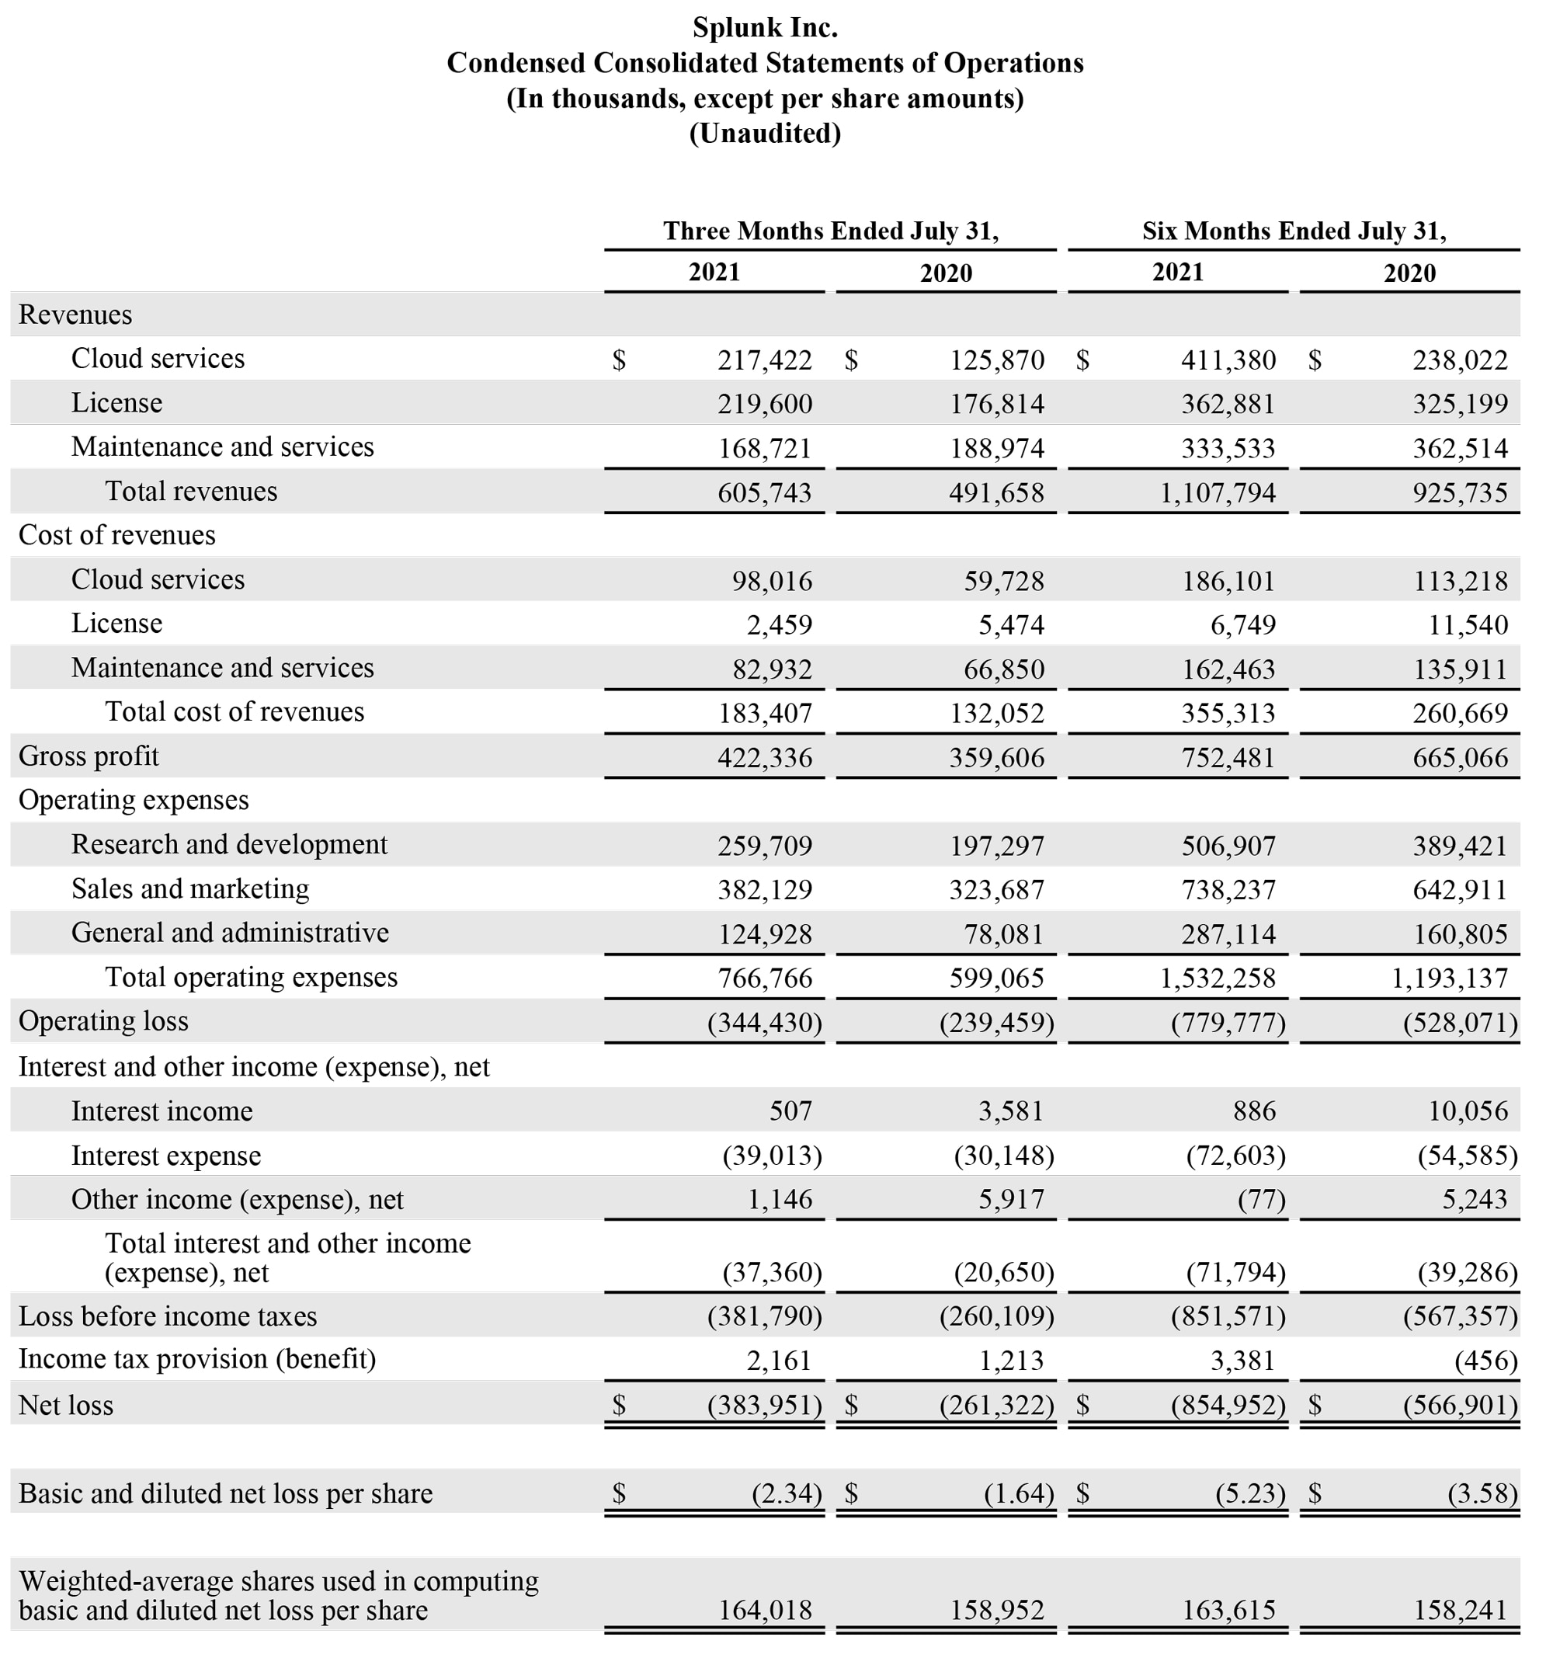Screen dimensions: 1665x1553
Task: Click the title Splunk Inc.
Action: (764, 28)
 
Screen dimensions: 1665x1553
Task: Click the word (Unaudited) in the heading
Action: (764, 133)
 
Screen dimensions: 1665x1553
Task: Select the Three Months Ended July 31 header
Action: (830, 231)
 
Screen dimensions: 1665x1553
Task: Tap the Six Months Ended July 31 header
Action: (1294, 231)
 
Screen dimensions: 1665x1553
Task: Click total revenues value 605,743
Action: (764, 492)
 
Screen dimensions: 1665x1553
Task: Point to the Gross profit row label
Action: (89, 756)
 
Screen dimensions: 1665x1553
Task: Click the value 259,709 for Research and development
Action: (764, 846)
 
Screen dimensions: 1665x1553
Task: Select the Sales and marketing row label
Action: (190, 888)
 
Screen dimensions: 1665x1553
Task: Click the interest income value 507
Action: (790, 1111)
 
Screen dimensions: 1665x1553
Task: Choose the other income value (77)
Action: (1261, 1200)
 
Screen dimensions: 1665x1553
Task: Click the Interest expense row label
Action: (166, 1156)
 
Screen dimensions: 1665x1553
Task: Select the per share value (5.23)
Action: (1249, 1493)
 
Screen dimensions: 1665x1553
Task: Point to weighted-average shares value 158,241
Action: (1460, 1610)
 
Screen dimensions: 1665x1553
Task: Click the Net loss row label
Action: (66, 1406)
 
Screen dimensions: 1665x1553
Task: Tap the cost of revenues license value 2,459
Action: (779, 625)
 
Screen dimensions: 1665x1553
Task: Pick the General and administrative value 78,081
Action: (1003, 933)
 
